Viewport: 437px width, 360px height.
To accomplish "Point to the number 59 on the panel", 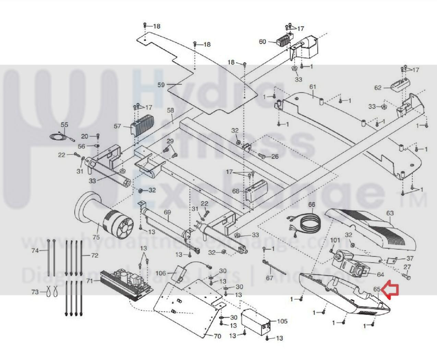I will [x=161, y=84].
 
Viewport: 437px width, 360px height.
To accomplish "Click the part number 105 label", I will [x=282, y=321].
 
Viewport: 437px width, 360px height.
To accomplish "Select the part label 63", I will [x=390, y=213].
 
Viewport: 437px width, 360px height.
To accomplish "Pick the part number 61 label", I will [x=312, y=87].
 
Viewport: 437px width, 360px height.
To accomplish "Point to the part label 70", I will [x=217, y=336].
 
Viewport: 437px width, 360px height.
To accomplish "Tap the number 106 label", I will [x=161, y=273].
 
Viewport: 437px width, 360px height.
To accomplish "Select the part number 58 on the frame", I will [x=170, y=111].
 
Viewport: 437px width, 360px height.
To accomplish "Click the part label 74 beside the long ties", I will [x=35, y=251].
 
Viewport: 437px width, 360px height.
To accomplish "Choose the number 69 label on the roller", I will [x=167, y=212].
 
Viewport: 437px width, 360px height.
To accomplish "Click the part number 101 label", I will [x=335, y=240].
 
